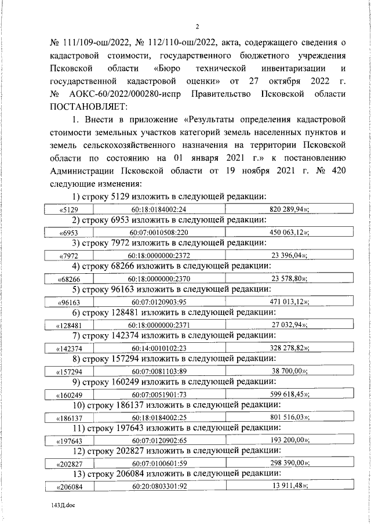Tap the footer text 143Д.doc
63,505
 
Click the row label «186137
70,417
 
